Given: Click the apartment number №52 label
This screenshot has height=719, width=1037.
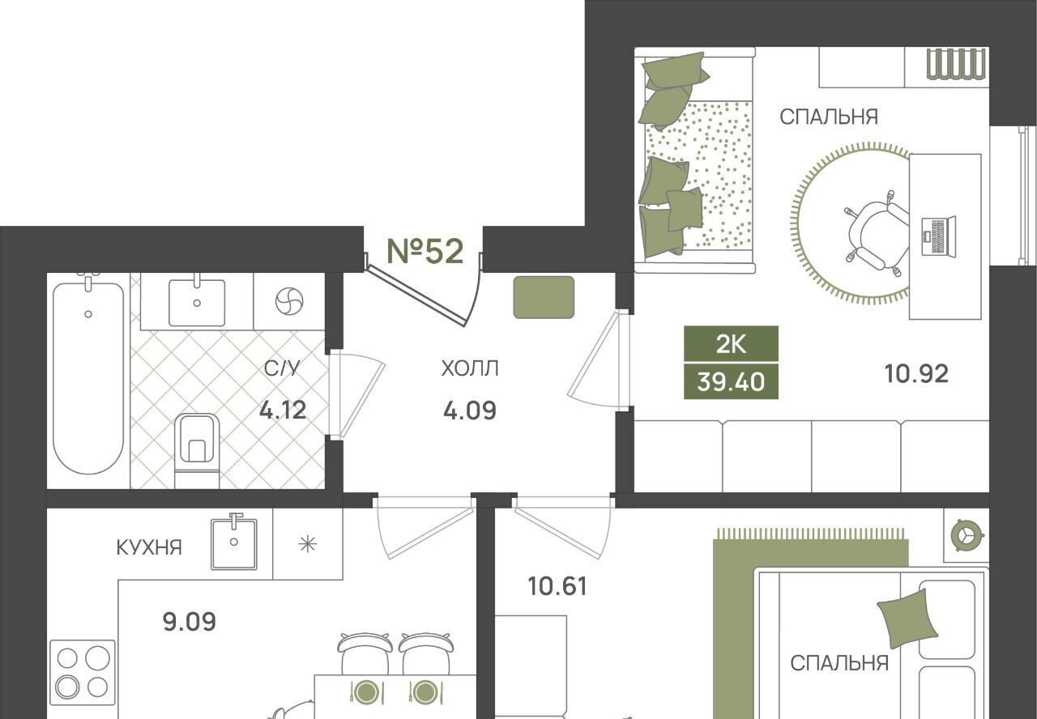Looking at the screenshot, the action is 425,251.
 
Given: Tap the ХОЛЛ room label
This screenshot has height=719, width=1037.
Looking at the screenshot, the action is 470,368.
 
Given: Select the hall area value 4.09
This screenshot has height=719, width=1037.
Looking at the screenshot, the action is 470,411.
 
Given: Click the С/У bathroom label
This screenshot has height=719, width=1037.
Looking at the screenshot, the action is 282,368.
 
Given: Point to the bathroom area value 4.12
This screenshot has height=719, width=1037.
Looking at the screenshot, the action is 283,410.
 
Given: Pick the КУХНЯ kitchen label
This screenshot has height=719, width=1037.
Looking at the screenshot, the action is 149,547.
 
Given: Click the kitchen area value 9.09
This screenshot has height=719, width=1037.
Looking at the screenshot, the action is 190,621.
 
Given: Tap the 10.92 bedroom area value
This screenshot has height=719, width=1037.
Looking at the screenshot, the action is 916,374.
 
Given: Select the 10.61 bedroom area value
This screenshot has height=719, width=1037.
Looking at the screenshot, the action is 557,586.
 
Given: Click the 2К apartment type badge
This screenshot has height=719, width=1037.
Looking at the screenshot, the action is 731,344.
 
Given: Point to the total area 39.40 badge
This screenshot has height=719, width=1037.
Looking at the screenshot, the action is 731,381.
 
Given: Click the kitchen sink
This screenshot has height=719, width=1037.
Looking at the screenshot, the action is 234,542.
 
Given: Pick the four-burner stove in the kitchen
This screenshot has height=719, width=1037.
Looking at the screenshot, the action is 83,673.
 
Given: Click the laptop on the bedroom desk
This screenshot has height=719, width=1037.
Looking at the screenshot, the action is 938,236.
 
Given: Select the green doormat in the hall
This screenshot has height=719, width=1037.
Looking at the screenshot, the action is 544,297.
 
